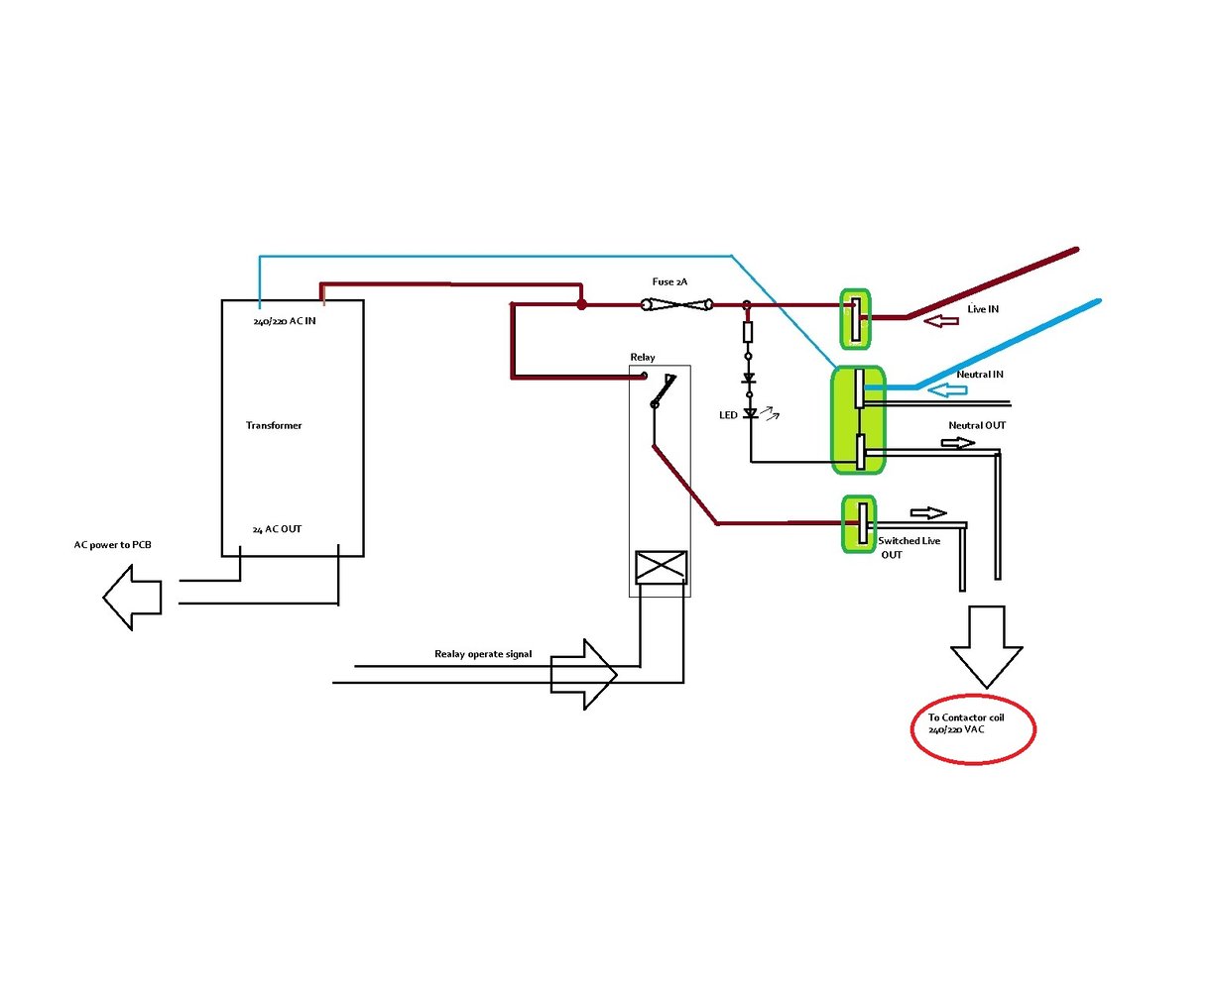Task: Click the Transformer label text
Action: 274,425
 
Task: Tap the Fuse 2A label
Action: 669,282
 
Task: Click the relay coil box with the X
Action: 661,567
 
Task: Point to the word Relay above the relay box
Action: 643,358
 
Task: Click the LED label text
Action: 728,415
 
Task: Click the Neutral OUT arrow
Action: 958,443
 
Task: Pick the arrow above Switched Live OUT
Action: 928,513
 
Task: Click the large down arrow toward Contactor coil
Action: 986,645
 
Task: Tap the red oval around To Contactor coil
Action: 972,728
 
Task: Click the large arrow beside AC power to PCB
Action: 132,596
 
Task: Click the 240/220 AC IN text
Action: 285,321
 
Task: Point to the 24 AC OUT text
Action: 277,529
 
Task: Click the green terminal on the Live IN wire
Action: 855,319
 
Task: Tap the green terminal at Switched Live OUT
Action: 860,523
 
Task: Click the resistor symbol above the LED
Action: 748,332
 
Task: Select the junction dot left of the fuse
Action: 582,304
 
